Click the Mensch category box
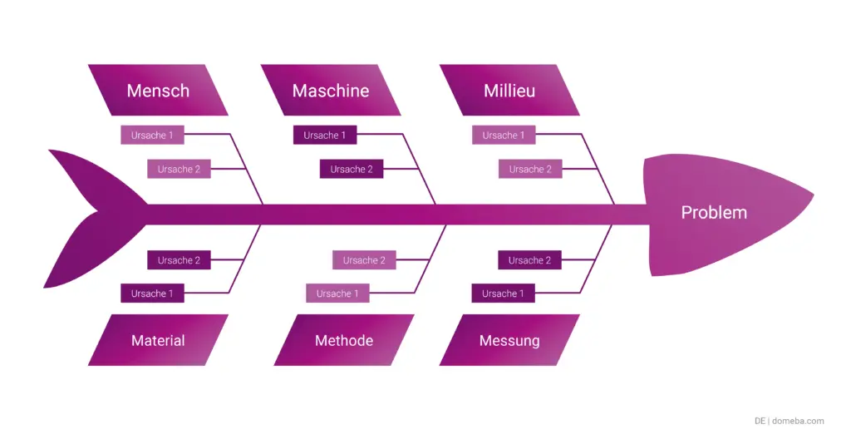158,91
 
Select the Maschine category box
331,91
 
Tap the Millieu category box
509,91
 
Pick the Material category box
158,340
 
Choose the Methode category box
343,340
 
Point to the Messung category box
509,340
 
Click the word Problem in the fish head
714,213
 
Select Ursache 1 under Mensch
152,136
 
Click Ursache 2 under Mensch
179,169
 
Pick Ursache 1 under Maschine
324,136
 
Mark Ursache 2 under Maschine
351,169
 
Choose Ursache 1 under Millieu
504,136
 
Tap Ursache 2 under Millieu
530,169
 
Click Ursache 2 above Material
179,260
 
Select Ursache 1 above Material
152,294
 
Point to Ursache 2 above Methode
364,260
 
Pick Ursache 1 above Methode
337,294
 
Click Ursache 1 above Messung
503,294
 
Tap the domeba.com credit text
789,421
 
